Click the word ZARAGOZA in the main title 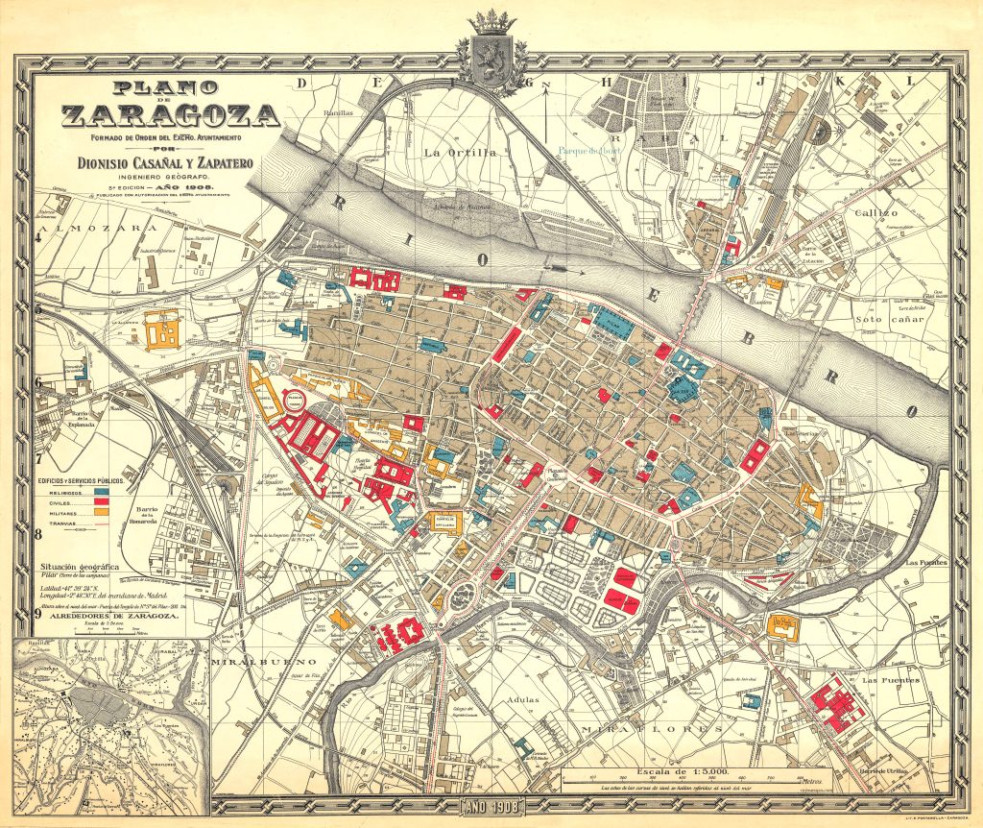click(x=172, y=117)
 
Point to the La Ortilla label click(x=459, y=152)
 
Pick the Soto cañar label click(x=888, y=318)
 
